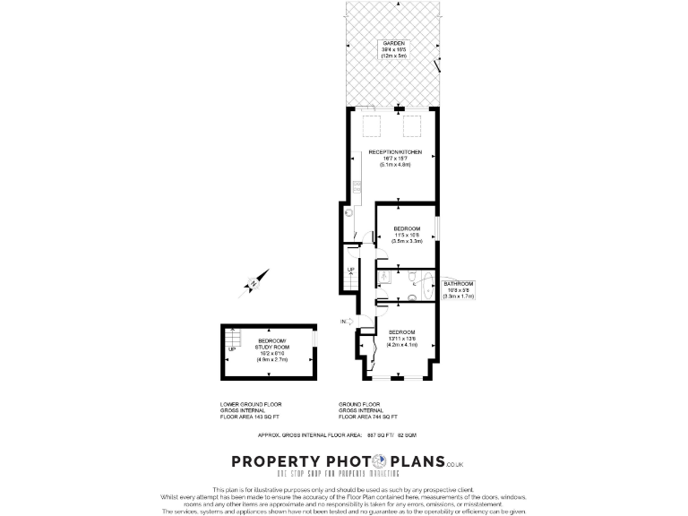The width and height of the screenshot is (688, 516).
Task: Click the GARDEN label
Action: [x=394, y=43]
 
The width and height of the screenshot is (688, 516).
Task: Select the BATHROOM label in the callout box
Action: [x=458, y=284]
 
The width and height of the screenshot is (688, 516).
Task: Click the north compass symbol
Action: [x=254, y=283]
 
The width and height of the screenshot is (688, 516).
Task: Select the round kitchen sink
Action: [x=351, y=214]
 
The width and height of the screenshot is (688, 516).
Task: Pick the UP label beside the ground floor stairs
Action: [x=351, y=269]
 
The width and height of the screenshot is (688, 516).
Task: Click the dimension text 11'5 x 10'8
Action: [x=408, y=235]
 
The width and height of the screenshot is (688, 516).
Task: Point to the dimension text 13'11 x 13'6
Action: [x=401, y=338]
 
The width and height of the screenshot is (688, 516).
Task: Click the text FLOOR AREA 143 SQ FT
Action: [x=250, y=417]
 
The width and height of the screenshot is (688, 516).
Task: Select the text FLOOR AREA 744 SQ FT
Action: [x=368, y=417]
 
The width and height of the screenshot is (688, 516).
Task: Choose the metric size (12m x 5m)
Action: [x=394, y=56]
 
